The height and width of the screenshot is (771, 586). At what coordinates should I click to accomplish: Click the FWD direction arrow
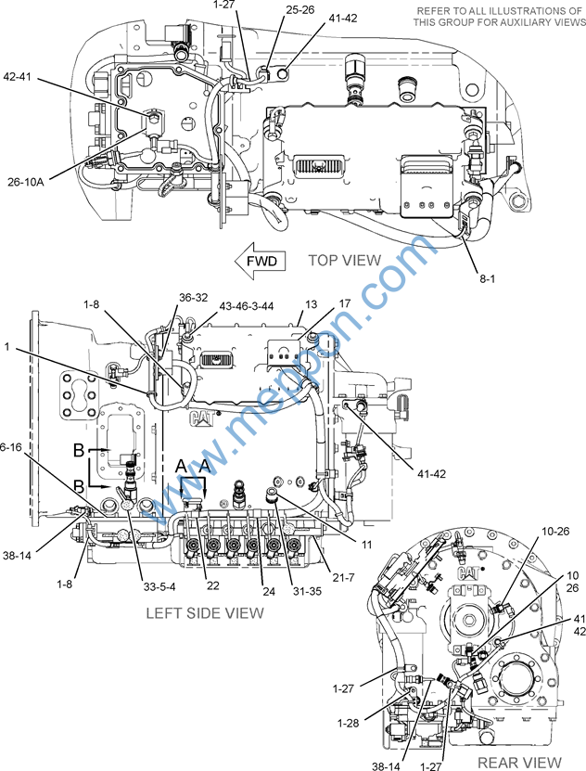pyautogui.click(x=260, y=262)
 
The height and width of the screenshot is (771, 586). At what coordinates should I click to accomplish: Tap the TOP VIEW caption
pyautogui.click(x=344, y=261)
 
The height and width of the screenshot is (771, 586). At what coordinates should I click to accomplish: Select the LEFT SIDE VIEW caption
pyautogui.click(x=205, y=612)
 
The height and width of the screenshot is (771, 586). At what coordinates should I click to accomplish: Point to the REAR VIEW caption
pyautogui.click(x=520, y=762)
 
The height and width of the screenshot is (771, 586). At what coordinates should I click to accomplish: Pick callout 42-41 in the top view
pyautogui.click(x=21, y=77)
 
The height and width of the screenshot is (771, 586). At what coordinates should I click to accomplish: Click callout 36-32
pyautogui.click(x=194, y=298)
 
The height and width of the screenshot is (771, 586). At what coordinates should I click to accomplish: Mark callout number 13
pyautogui.click(x=311, y=304)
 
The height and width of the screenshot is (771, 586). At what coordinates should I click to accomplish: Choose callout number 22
pyautogui.click(x=212, y=585)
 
